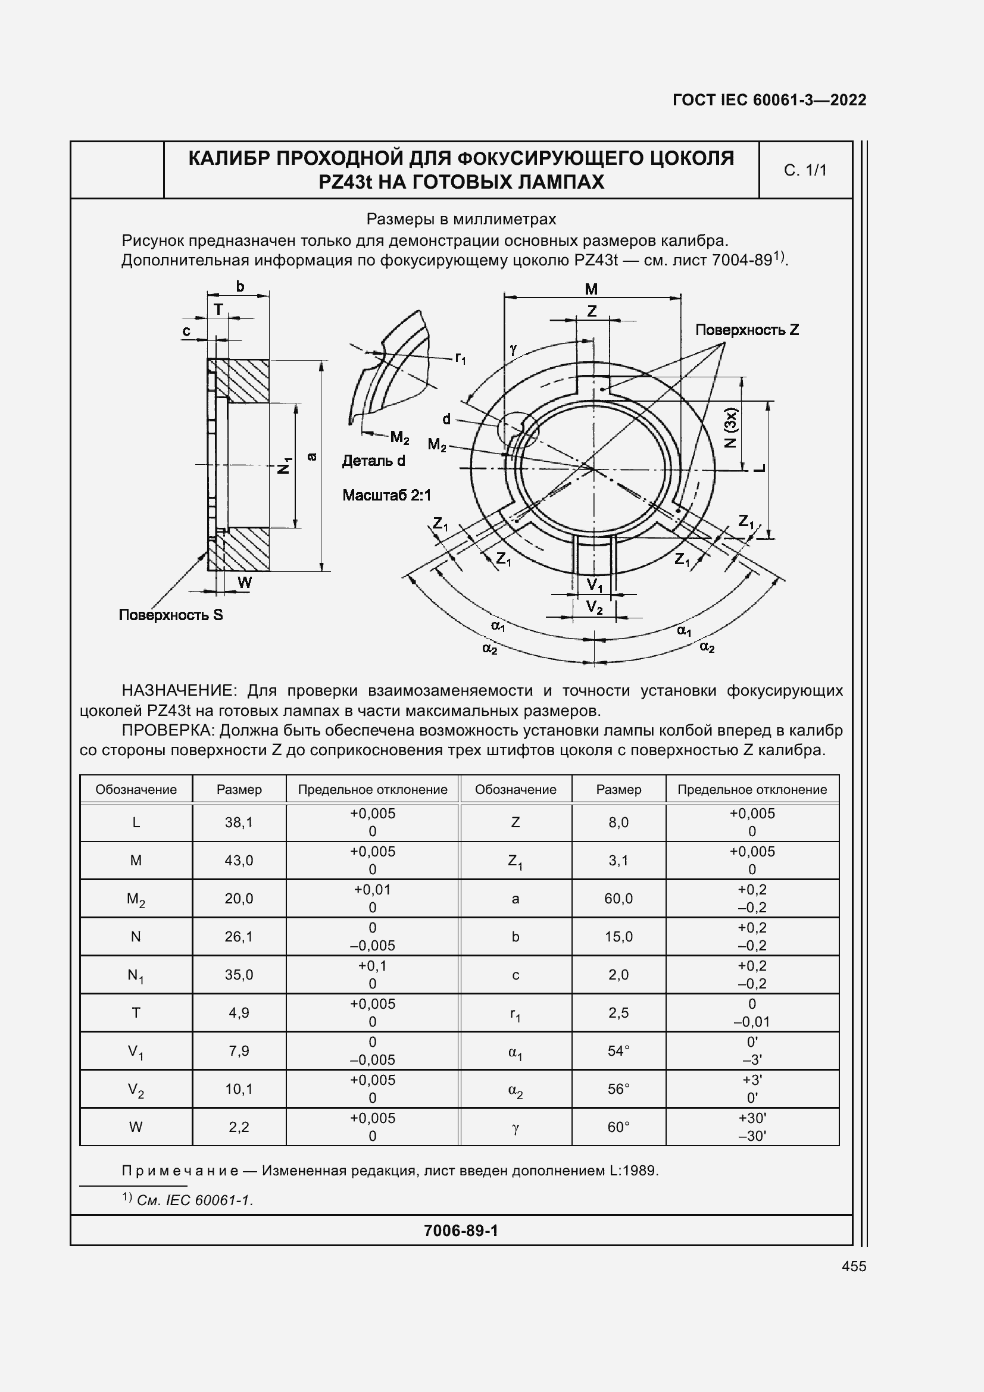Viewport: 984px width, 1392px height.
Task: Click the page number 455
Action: (854, 1266)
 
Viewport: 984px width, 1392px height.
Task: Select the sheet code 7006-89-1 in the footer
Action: (461, 1230)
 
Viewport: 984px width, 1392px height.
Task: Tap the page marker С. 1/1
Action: (805, 170)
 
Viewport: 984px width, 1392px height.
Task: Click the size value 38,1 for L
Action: (239, 822)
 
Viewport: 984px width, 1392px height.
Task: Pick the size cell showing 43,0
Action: (239, 861)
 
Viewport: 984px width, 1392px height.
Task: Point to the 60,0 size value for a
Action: (618, 899)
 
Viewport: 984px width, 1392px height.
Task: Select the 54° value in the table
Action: (618, 1050)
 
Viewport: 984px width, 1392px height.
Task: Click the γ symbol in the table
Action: (516, 1127)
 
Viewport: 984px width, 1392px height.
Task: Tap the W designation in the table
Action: (136, 1127)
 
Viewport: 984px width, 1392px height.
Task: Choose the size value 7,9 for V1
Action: (239, 1050)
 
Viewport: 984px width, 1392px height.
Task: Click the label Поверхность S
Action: (170, 615)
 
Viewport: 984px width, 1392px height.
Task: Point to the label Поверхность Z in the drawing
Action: (747, 330)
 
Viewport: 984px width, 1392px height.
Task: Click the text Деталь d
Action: (373, 461)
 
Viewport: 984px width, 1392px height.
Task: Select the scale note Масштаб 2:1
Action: (386, 495)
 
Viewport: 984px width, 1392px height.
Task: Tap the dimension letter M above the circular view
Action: (591, 289)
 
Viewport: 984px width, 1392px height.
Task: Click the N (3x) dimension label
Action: (730, 428)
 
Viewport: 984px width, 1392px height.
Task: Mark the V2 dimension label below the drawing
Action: (595, 607)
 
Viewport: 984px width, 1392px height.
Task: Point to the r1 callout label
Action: (460, 358)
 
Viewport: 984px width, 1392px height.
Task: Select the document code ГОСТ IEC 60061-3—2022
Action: (769, 100)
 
